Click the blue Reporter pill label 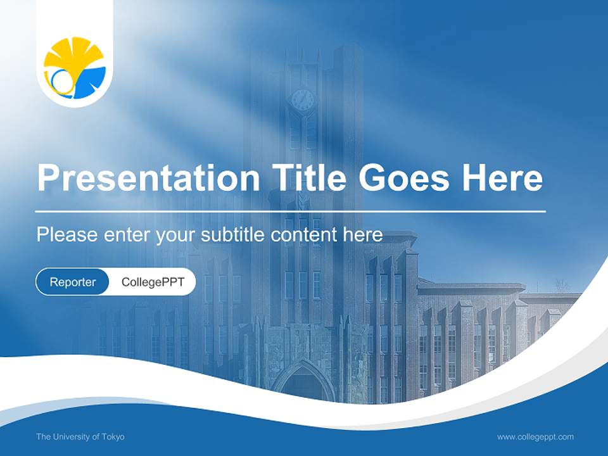pos(72,282)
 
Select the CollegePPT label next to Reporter pos(153,282)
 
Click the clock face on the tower pos(302,99)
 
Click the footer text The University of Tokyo pos(80,436)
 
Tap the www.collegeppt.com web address pos(535,436)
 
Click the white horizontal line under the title pos(291,211)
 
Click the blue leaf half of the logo pos(89,83)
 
